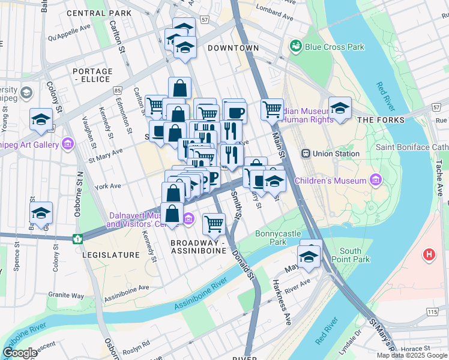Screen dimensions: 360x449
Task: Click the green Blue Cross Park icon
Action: click(295, 46)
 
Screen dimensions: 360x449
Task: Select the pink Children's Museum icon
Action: click(376, 179)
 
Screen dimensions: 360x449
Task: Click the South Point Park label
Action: click(351, 255)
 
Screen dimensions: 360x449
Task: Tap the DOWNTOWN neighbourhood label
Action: click(234, 48)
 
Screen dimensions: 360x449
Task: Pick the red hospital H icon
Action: click(429, 254)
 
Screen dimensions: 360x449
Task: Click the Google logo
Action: click(20, 352)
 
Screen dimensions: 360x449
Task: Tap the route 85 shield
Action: click(116, 90)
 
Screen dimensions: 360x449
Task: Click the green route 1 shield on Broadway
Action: click(77, 239)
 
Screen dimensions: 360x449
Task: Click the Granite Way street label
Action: click(67, 295)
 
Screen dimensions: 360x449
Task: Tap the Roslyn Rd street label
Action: click(138, 346)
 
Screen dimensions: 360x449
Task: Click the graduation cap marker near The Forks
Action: click(340, 109)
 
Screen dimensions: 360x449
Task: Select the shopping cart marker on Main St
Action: click(272, 109)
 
